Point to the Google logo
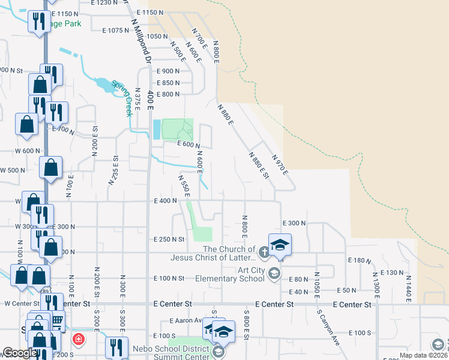(x=19, y=353)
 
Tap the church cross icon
(x=265, y=251)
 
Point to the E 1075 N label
(x=120, y=30)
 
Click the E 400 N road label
(x=164, y=201)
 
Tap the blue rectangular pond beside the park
(x=157, y=128)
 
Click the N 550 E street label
(x=183, y=185)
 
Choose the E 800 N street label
(x=168, y=94)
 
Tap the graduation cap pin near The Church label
(x=279, y=245)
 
